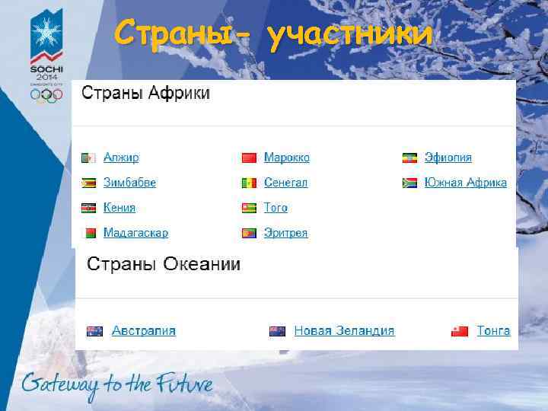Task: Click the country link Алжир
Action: click(x=121, y=158)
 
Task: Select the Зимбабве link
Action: click(x=129, y=183)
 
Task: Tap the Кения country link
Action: click(x=119, y=207)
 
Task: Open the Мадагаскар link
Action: click(x=135, y=233)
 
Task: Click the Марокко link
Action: click(x=286, y=158)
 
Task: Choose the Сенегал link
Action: click(x=285, y=183)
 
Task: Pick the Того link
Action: click(x=276, y=207)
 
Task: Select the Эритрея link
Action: click(x=285, y=233)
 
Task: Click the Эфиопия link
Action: click(x=448, y=158)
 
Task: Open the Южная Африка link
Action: click(x=465, y=183)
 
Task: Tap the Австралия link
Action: click(x=143, y=330)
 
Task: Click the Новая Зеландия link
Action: click(x=344, y=330)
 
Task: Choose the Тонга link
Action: click(x=493, y=330)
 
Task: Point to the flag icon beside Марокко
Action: click(x=249, y=158)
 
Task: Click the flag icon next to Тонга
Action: click(x=460, y=330)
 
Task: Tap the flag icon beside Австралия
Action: click(x=94, y=330)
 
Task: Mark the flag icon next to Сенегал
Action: click(x=249, y=183)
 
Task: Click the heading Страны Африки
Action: click(x=145, y=94)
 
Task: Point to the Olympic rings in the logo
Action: click(x=46, y=95)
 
